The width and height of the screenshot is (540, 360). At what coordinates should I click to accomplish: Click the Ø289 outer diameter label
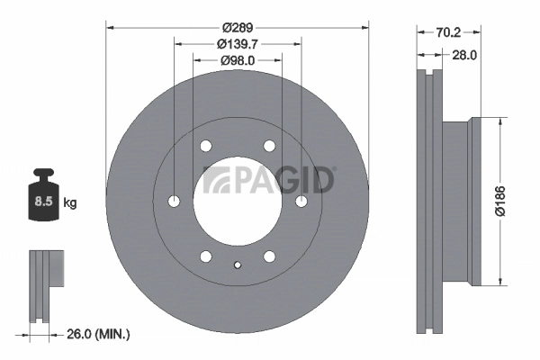click(238, 26)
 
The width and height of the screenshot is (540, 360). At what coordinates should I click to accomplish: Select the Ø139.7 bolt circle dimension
click(238, 43)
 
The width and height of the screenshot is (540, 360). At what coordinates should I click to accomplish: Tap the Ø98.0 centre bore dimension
click(238, 60)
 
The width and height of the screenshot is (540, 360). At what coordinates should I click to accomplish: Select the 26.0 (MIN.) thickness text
click(100, 334)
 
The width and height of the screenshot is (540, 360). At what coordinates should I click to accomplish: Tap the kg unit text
click(70, 203)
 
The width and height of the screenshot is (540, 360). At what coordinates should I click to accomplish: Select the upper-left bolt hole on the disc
click(206, 146)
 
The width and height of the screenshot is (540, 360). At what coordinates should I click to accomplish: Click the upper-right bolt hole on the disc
click(269, 146)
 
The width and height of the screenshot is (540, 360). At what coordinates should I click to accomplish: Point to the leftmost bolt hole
click(175, 201)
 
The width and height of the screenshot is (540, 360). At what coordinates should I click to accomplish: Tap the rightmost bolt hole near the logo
click(301, 201)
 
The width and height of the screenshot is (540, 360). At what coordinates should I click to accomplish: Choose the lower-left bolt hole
click(206, 256)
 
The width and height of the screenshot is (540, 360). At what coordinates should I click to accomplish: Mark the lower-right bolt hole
click(269, 256)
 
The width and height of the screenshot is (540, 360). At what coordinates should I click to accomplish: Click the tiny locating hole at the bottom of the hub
click(238, 265)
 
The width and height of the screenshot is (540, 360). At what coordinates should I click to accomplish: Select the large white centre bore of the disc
click(238, 201)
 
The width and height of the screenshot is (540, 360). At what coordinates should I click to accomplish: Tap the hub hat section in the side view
click(458, 202)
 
